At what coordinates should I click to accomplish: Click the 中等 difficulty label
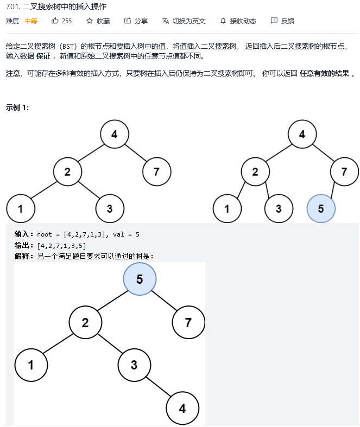click(31, 21)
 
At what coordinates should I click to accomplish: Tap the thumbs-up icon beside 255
click(55, 21)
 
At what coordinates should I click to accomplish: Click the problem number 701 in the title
click(13, 7)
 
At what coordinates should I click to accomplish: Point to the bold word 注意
click(14, 73)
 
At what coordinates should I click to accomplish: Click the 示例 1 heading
click(17, 107)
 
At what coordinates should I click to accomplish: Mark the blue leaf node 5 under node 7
click(321, 209)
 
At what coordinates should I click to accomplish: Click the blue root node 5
click(140, 279)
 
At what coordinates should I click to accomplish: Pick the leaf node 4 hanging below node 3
click(182, 409)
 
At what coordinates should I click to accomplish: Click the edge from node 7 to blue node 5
click(334, 190)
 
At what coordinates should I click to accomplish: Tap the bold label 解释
click(24, 256)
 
